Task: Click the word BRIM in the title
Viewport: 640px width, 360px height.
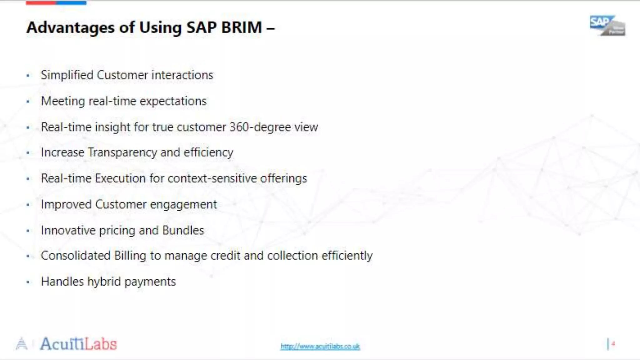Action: pyautogui.click(x=241, y=27)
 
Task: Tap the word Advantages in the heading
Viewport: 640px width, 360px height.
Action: pyautogui.click(x=70, y=27)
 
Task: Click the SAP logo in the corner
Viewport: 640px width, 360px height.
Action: pyautogui.click(x=607, y=26)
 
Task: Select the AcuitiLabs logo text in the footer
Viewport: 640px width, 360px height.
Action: pyautogui.click(x=78, y=344)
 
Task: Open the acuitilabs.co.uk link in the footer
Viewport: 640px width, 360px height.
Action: pyautogui.click(x=320, y=346)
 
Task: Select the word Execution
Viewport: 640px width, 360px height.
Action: pyautogui.click(x=120, y=178)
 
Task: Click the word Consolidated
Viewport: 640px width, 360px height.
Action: pyautogui.click(x=76, y=256)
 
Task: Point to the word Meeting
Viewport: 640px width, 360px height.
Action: pyautogui.click(x=63, y=101)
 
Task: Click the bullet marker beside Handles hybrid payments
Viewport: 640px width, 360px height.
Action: pyautogui.click(x=28, y=282)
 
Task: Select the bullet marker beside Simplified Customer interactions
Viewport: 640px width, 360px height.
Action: pyautogui.click(x=28, y=75)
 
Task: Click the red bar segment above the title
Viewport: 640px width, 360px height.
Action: pyautogui.click(x=41, y=3)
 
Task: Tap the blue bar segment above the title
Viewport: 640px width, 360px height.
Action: pyautogui.click(x=71, y=3)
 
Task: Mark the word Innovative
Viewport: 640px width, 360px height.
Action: pyautogui.click(x=68, y=230)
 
